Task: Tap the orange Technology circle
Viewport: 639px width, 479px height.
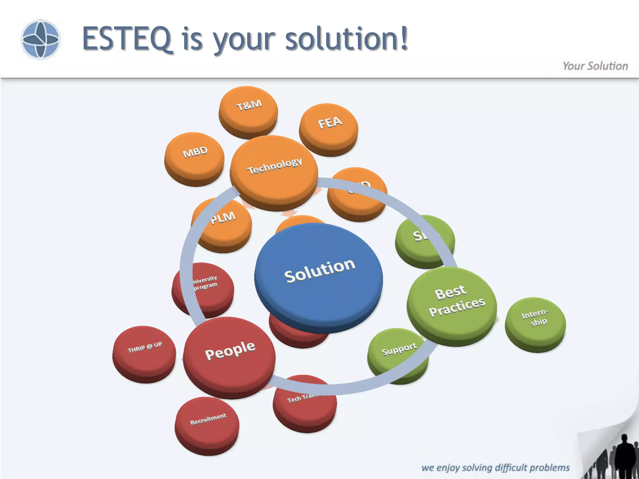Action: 274,170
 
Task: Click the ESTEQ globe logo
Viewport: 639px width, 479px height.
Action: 40,39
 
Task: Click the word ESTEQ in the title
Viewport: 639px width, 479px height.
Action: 128,39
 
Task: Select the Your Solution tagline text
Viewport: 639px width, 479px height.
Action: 595,66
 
